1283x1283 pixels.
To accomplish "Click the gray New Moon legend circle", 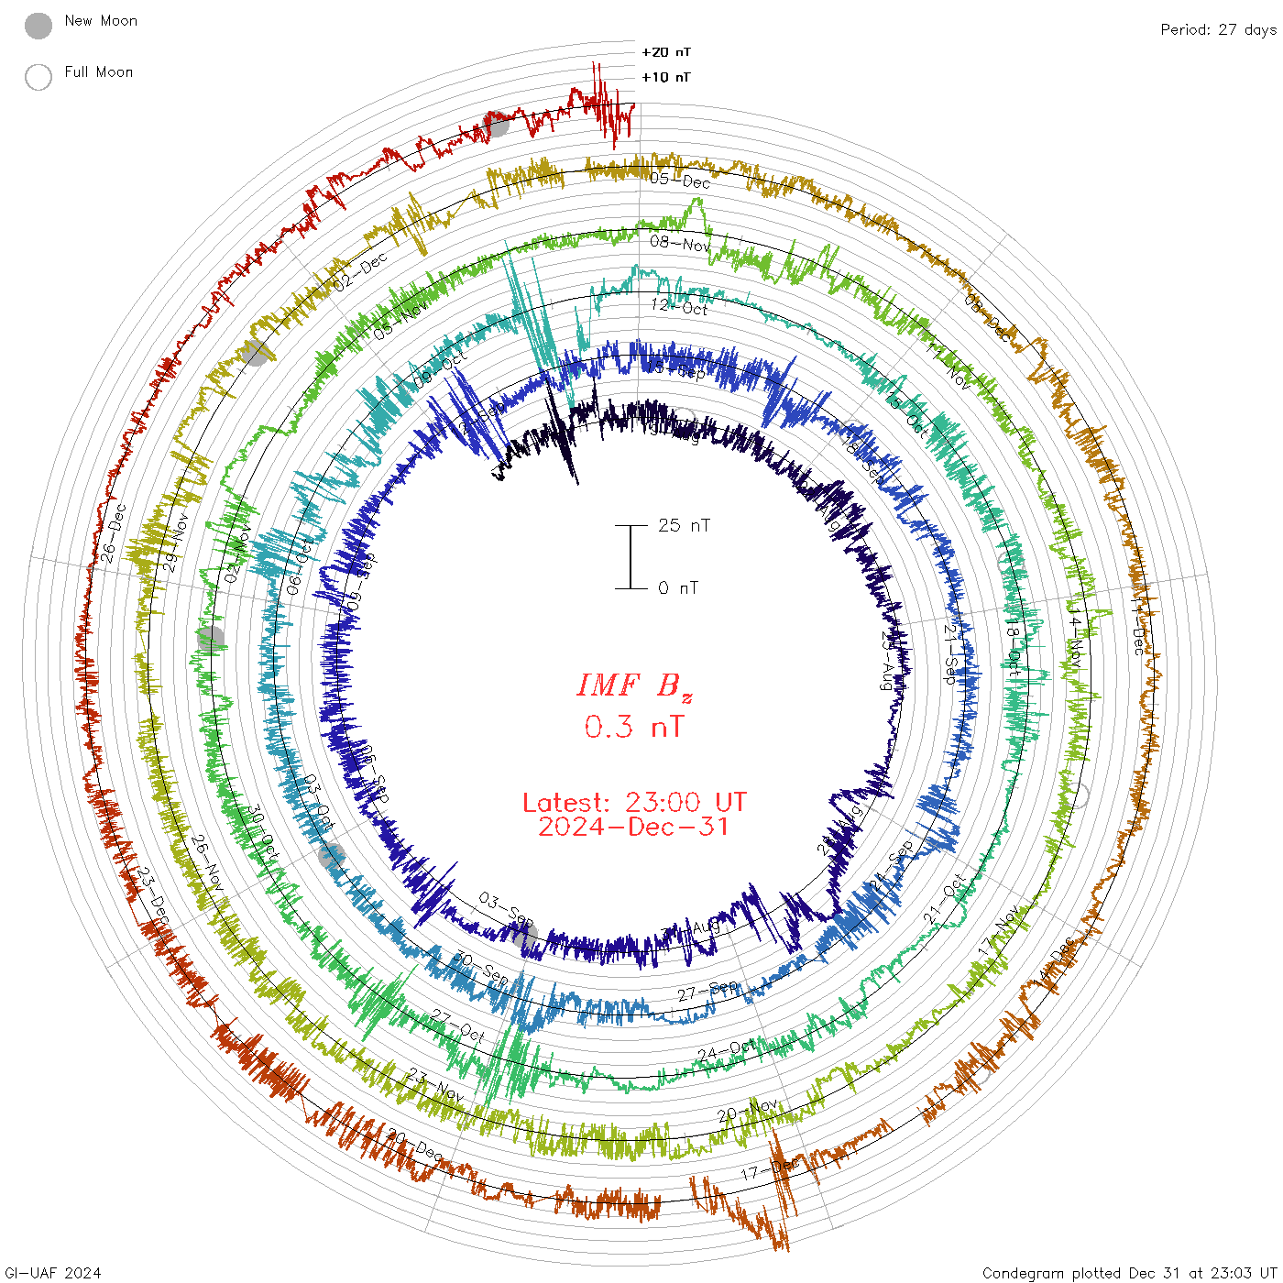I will (x=38, y=26).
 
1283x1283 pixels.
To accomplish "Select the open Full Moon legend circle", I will (x=38, y=77).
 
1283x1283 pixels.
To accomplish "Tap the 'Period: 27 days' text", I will (x=1218, y=29).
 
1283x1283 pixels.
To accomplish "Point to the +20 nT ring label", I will (x=666, y=52).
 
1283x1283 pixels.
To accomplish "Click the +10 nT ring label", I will (x=666, y=77).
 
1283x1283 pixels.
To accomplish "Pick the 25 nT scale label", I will (x=684, y=525).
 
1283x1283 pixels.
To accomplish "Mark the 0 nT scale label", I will (x=678, y=587).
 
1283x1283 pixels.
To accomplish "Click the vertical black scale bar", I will (x=631, y=556).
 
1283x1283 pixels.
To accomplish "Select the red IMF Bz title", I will (x=634, y=685).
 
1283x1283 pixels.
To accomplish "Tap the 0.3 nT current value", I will (x=634, y=727).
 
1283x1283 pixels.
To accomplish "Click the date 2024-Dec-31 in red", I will (x=634, y=827).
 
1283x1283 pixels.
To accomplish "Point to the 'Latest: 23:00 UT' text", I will (x=634, y=803).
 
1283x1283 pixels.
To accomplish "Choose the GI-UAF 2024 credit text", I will (x=52, y=1273).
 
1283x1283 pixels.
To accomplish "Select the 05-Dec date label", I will (x=680, y=181).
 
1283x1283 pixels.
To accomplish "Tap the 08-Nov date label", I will (x=680, y=244).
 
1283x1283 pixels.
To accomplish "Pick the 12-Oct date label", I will (x=679, y=307).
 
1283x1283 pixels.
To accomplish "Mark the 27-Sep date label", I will (x=707, y=992).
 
